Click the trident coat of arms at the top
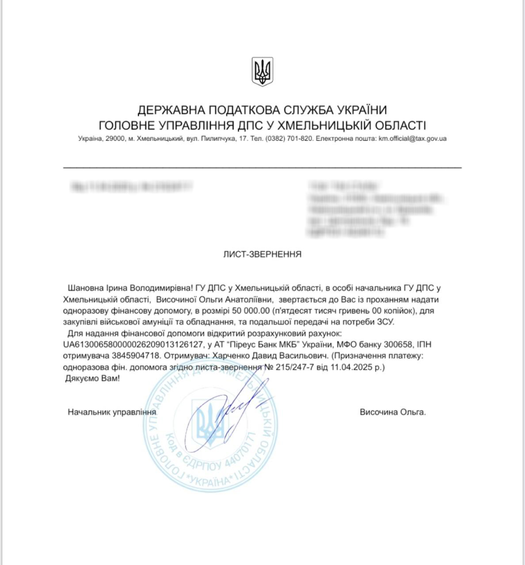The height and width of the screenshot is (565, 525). point(262,72)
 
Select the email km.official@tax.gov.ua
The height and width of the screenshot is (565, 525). point(412,139)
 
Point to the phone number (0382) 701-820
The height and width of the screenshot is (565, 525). point(289,139)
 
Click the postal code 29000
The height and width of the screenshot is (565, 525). point(115,139)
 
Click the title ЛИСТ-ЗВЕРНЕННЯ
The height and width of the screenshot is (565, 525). point(262,254)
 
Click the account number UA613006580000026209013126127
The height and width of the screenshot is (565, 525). point(133,344)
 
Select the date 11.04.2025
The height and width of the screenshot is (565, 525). point(354,367)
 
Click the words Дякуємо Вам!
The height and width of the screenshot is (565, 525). point(92,378)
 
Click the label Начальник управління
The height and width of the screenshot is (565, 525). point(112,412)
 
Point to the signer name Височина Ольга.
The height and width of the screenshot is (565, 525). point(393,412)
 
